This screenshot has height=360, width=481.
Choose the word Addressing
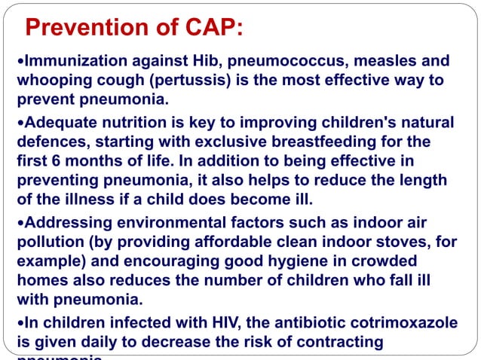63,223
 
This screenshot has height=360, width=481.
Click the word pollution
47,242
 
